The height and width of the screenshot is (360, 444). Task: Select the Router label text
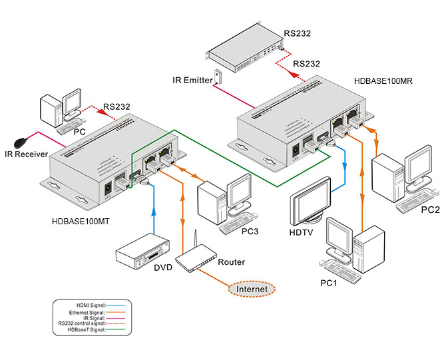point(232,262)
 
